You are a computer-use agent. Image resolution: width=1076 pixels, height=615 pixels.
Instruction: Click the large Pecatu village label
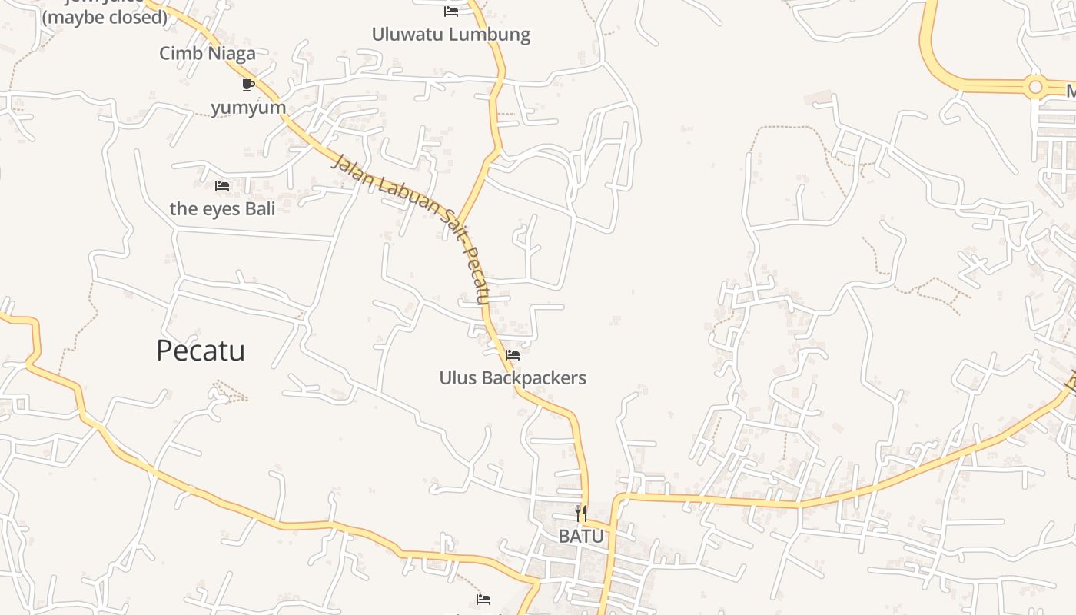point(201,351)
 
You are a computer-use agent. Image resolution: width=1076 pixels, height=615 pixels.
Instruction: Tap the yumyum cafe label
point(248,108)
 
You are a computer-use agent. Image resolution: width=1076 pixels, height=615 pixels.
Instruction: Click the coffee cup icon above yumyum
point(247,85)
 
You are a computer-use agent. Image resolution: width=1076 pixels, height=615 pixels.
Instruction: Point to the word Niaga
point(231,53)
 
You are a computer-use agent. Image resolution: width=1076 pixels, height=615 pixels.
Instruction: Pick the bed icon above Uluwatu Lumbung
point(451,12)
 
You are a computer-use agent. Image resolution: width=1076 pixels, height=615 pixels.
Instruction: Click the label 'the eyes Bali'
point(222,208)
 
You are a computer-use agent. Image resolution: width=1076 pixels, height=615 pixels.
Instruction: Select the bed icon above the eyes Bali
point(222,186)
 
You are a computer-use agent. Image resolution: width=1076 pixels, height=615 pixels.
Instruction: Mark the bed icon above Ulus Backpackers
point(513,355)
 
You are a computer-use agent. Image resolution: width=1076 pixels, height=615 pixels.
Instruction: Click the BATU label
point(581,536)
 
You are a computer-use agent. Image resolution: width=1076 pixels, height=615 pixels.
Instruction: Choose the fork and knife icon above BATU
point(582,513)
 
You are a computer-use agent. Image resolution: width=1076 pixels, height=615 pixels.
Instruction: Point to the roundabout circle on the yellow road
point(1036,88)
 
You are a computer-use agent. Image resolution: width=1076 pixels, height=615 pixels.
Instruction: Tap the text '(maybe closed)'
point(105,17)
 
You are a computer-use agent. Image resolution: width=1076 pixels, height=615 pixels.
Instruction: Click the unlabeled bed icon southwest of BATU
point(483,599)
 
